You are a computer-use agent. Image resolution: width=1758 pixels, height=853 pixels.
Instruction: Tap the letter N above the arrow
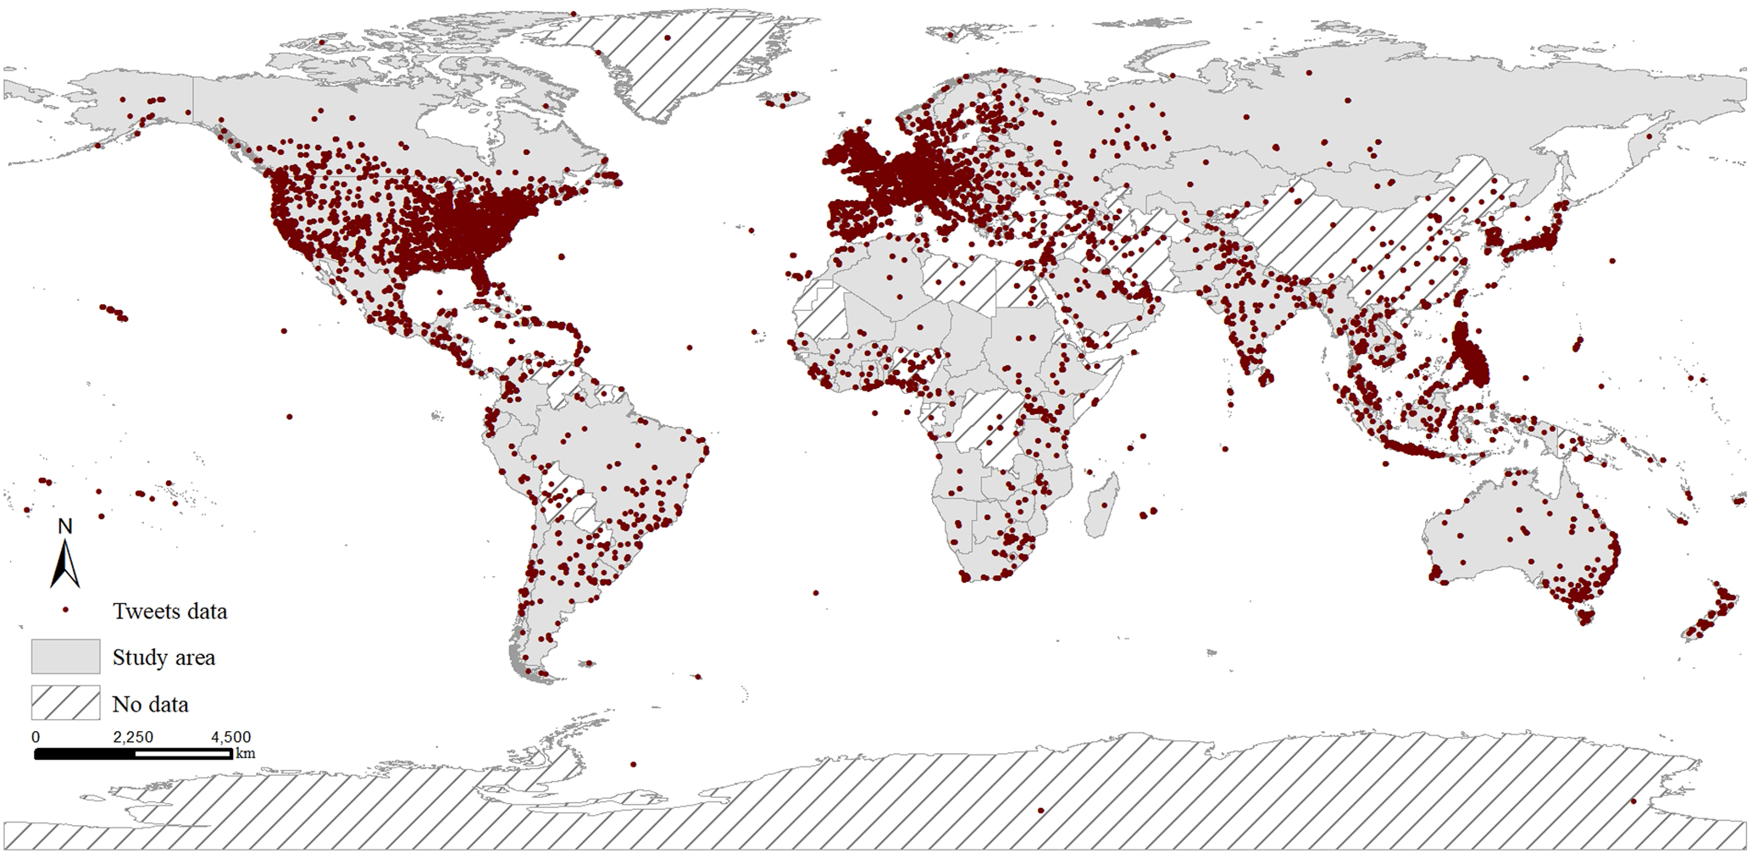(x=65, y=526)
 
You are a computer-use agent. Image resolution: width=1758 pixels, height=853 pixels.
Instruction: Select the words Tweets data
(x=169, y=612)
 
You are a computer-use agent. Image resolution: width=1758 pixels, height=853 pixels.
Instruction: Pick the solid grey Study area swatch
(x=65, y=656)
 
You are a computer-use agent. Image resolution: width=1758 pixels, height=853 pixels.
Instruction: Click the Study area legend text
(x=164, y=657)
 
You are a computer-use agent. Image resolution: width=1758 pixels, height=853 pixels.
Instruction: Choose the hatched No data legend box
(x=65, y=703)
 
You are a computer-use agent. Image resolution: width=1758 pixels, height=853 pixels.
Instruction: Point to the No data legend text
(x=150, y=704)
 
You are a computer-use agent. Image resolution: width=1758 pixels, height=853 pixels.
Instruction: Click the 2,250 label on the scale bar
(x=133, y=737)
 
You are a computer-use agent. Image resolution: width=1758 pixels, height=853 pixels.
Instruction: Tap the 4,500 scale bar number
(x=230, y=737)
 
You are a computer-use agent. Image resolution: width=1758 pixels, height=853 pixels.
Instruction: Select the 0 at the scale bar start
(x=36, y=737)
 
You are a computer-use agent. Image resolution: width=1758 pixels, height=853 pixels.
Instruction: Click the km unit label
(x=245, y=753)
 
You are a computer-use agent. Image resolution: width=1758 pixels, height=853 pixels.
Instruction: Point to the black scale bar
(x=133, y=753)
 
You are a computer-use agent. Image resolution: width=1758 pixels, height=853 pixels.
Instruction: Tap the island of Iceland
(x=783, y=99)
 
